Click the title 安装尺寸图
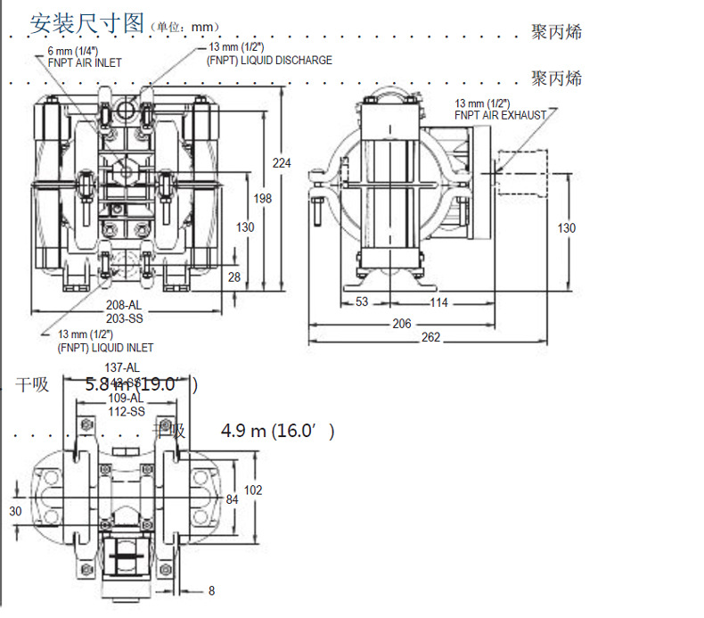click(86, 23)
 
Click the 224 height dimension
click(282, 162)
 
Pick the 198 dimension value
click(262, 198)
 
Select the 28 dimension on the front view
click(234, 277)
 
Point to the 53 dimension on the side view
click(362, 302)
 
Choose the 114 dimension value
click(438, 302)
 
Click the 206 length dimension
click(402, 324)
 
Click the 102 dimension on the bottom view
click(253, 490)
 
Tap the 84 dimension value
click(232, 499)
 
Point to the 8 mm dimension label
click(211, 590)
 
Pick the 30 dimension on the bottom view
click(15, 511)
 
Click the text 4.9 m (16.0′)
click(278, 432)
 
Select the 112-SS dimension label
click(126, 411)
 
